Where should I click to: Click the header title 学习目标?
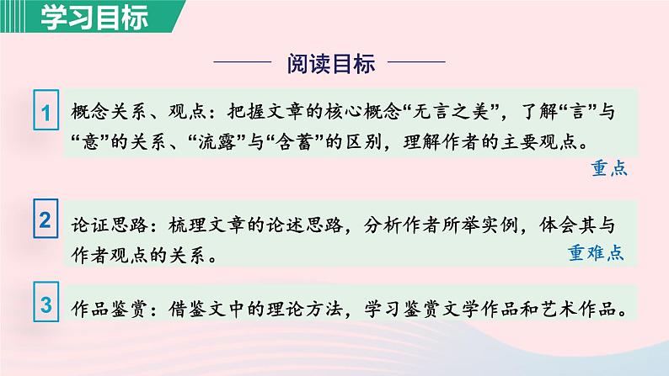(x=82, y=17)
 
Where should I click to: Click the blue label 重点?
(x=609, y=169)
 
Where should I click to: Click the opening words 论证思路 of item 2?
(x=99, y=225)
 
